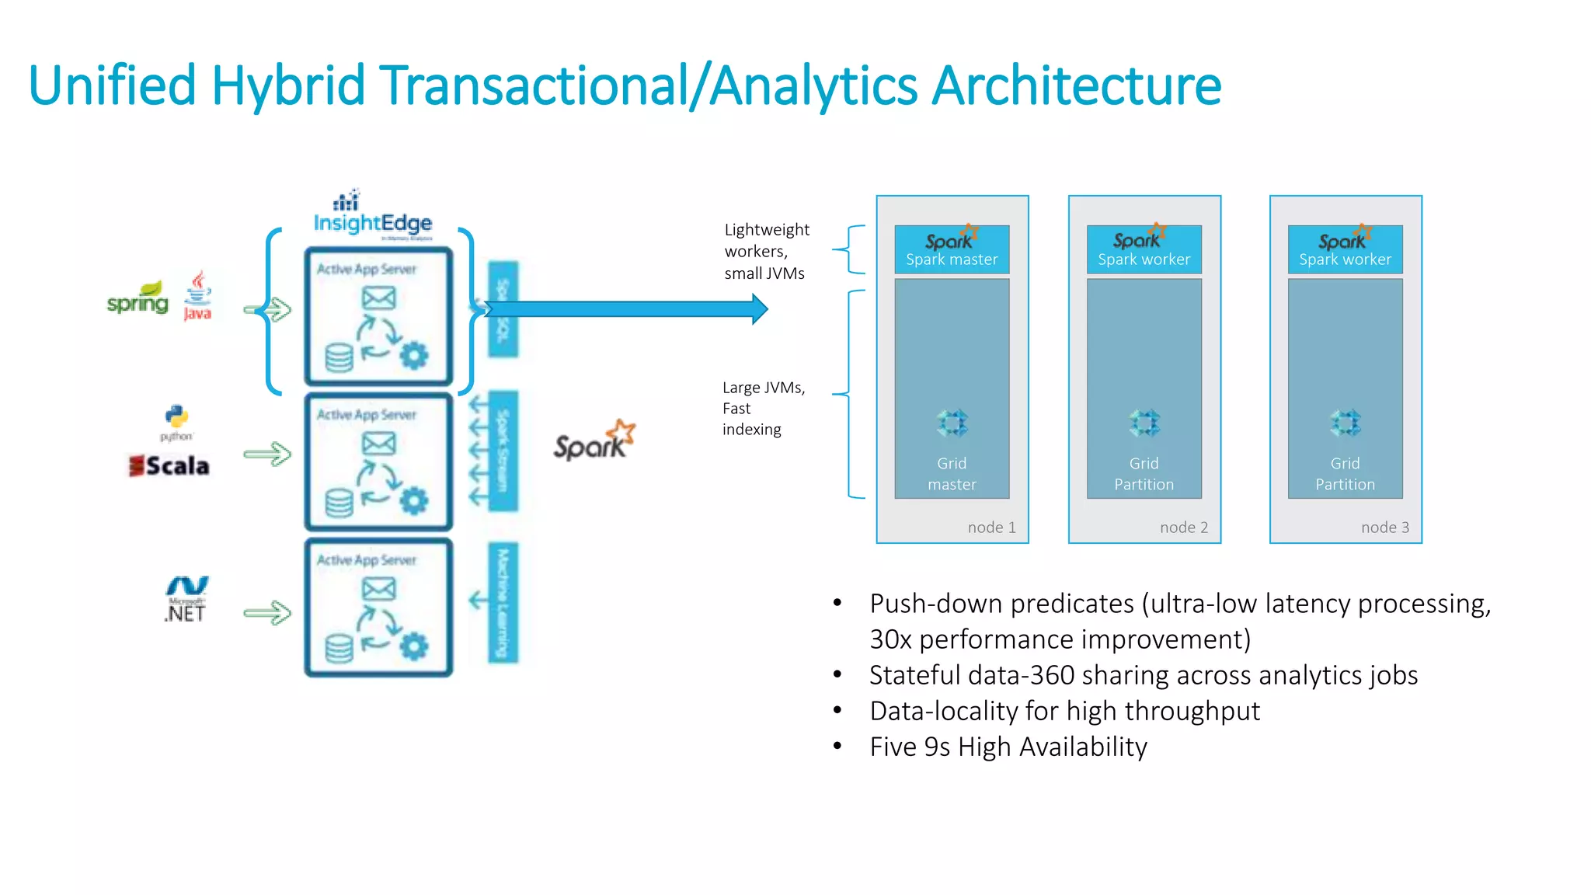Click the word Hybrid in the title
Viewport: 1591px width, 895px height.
pyautogui.click(x=287, y=85)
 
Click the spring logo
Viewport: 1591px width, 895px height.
pyautogui.click(x=138, y=300)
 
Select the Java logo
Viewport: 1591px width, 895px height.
pyautogui.click(x=197, y=296)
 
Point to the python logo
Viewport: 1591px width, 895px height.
pyautogui.click(x=176, y=422)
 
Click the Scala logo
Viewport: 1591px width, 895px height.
pyautogui.click(x=169, y=465)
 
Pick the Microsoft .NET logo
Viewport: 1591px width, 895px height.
pyautogui.click(x=186, y=599)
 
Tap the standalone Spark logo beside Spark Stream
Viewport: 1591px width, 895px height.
pyautogui.click(x=594, y=441)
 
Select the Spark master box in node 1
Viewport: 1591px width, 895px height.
pyautogui.click(x=952, y=249)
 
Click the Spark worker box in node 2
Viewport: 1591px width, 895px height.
pyautogui.click(x=1144, y=249)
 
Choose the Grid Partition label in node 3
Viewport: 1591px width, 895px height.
pyautogui.click(x=1345, y=474)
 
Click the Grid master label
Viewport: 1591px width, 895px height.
pyautogui.click(x=952, y=474)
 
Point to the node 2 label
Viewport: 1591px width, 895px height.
pyautogui.click(x=1183, y=528)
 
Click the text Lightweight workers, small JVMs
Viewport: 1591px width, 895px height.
pyautogui.click(x=766, y=252)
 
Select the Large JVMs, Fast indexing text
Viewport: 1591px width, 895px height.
pyautogui.click(x=762, y=409)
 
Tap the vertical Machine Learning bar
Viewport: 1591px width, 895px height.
pyautogui.click(x=503, y=603)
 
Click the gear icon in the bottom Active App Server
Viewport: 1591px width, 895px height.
pyautogui.click(x=413, y=646)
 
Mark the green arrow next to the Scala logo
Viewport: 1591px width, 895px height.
pyautogui.click(x=267, y=454)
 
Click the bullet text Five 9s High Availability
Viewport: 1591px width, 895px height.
pyautogui.click(x=1008, y=747)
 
